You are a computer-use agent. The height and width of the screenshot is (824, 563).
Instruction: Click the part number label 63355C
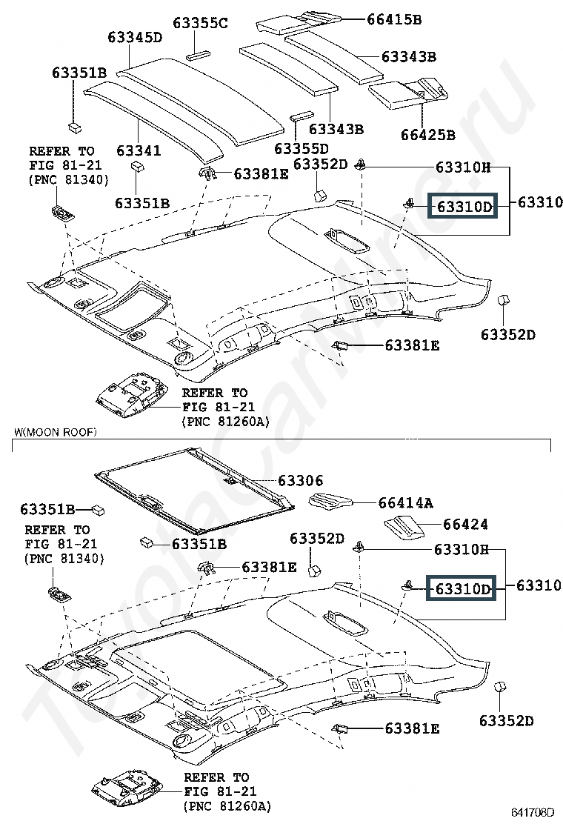tap(200, 23)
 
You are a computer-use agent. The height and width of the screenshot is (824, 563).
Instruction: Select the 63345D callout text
tap(134, 37)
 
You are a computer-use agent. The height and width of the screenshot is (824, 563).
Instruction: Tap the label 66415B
tap(394, 19)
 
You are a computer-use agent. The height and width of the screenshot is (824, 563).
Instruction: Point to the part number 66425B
tap(428, 135)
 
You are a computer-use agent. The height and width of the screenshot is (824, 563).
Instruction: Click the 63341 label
tap(138, 151)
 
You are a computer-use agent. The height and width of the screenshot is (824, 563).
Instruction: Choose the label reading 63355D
tap(301, 149)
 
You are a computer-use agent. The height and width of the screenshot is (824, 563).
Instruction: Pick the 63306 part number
tap(301, 480)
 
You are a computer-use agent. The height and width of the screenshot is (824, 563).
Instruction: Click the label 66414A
tap(405, 503)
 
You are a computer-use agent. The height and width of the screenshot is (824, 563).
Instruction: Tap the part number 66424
tap(465, 524)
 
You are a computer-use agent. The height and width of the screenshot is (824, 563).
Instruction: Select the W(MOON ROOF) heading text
tap(56, 433)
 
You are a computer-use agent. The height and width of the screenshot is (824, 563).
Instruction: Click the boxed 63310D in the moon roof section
tap(462, 588)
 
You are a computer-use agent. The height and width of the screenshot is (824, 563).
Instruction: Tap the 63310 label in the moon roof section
tap(539, 585)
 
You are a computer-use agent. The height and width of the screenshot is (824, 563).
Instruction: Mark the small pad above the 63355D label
tap(302, 116)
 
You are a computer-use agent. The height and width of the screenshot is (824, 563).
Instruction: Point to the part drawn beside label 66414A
tap(331, 502)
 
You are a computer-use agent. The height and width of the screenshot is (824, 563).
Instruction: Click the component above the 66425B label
tap(408, 93)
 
